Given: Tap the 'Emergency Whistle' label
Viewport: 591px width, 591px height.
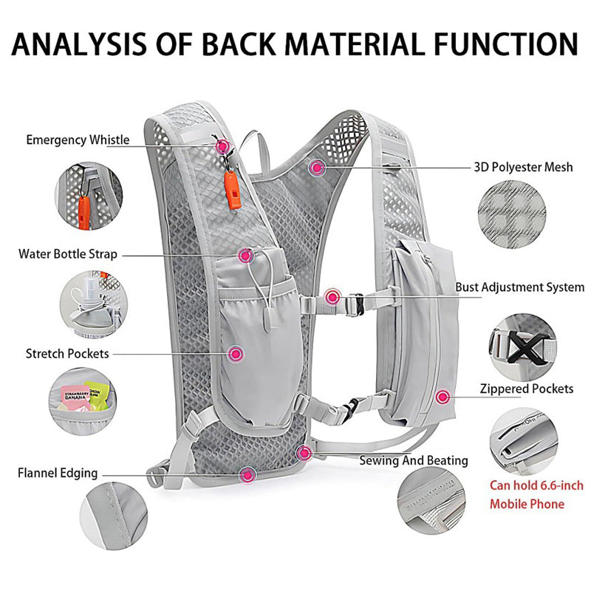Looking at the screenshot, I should click(x=78, y=140).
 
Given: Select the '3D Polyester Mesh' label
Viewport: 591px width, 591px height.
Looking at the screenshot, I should click(x=523, y=167).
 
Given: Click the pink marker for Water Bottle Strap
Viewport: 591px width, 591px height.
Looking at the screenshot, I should click(x=245, y=255).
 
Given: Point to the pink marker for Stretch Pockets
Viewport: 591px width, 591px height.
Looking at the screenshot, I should click(x=236, y=354).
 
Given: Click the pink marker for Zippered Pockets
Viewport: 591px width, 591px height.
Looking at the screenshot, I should click(x=443, y=397).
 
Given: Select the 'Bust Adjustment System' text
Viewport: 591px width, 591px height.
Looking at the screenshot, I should click(x=519, y=287).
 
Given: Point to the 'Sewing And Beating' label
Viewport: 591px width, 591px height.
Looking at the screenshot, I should click(x=414, y=460).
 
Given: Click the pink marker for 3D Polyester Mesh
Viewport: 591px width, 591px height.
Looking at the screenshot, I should click(x=318, y=168).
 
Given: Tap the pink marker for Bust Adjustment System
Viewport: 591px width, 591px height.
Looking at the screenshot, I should click(x=332, y=298).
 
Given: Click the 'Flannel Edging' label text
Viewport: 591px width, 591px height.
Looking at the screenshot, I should click(x=58, y=473).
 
